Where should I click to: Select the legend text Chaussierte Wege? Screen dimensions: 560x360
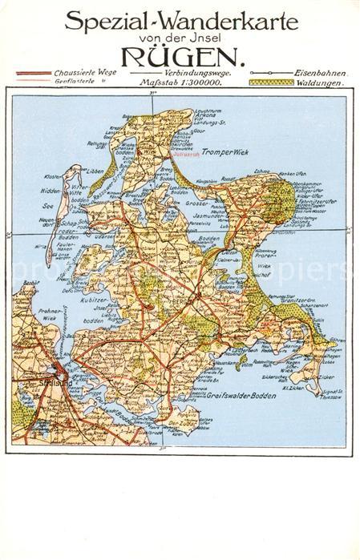click(85, 72)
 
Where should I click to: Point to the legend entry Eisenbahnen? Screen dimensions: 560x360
click(321, 72)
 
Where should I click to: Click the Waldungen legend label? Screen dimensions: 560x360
click(321, 82)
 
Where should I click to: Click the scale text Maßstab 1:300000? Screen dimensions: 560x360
click(180, 82)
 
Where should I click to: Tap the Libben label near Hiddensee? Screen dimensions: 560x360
click(93, 171)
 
